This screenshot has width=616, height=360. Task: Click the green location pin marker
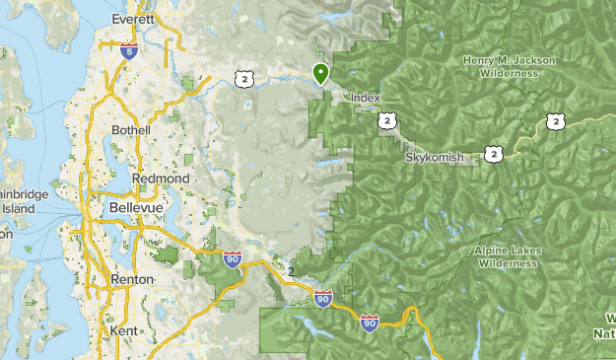pyautogui.click(x=320, y=73)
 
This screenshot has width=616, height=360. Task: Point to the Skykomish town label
pyautogui.click(x=434, y=158)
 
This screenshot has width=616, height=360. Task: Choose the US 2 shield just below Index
pyautogui.click(x=385, y=120)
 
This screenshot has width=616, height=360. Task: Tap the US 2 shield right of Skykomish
pyautogui.click(x=493, y=153)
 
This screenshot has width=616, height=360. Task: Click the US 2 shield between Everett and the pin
pyautogui.click(x=244, y=78)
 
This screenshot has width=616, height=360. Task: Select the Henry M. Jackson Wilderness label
pyautogui.click(x=508, y=66)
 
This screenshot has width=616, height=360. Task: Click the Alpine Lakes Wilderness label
pyautogui.click(x=508, y=256)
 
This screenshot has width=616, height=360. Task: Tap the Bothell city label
pyautogui.click(x=131, y=130)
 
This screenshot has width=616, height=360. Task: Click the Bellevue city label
pyautogui.click(x=134, y=209)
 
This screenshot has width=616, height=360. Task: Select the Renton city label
pyautogui.click(x=133, y=279)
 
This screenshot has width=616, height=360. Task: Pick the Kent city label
pyautogui.click(x=125, y=329)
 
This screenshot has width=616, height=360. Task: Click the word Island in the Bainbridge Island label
pyautogui.click(x=17, y=209)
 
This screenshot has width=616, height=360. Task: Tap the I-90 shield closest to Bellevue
pyautogui.click(x=233, y=259)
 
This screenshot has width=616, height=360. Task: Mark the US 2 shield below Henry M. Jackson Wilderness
pyautogui.click(x=555, y=120)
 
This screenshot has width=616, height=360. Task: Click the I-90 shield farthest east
pyautogui.click(x=370, y=323)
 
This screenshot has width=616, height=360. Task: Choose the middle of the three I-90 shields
pyautogui.click(x=322, y=297)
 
